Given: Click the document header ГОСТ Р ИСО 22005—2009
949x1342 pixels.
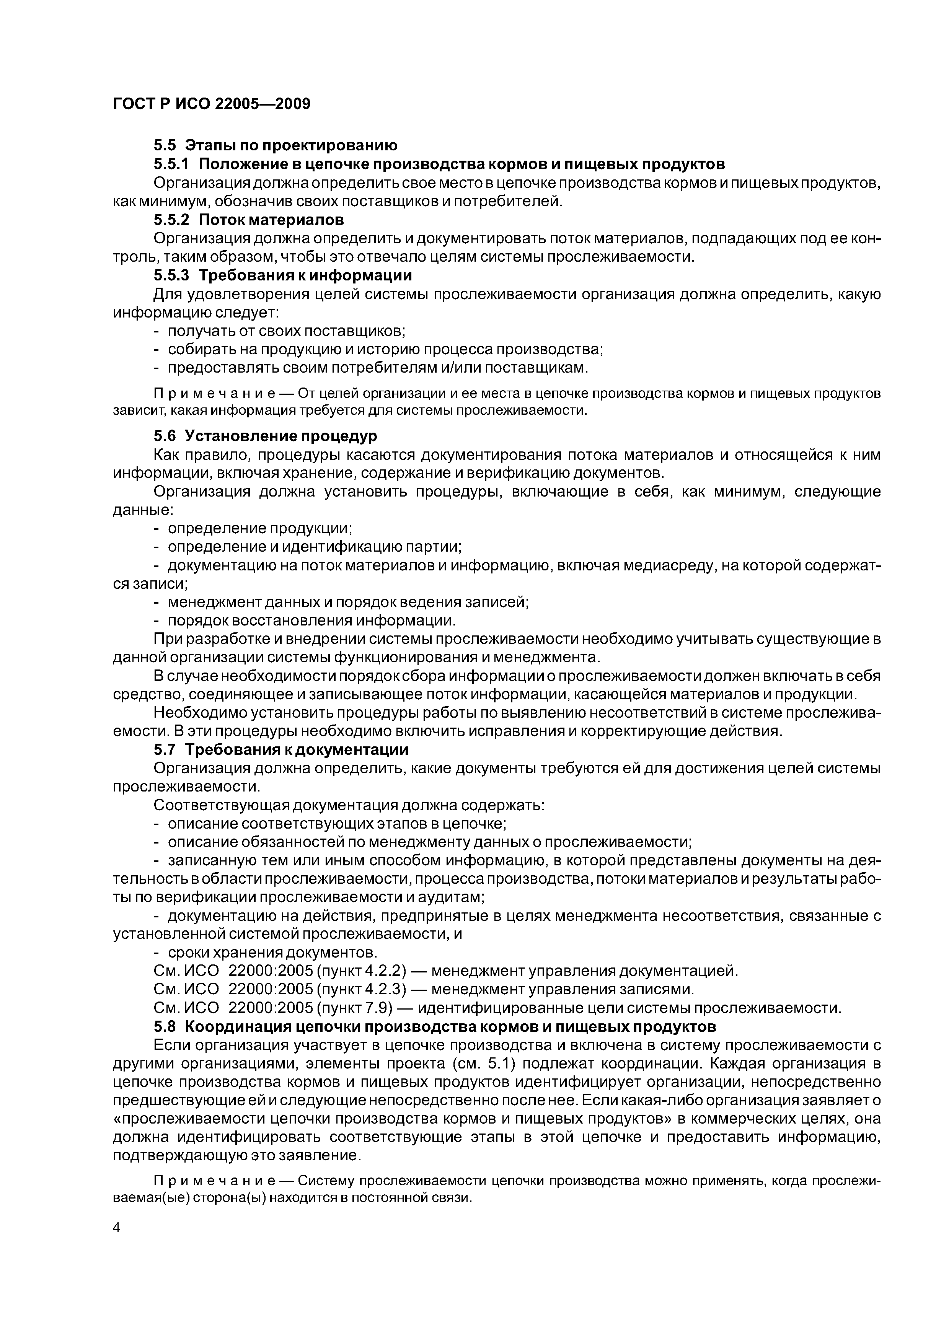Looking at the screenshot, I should (211, 104).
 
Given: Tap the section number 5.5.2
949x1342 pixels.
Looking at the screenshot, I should (172, 220).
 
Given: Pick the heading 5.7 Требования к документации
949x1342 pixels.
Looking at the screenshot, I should (280, 749).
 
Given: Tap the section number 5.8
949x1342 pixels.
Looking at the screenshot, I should (164, 1026).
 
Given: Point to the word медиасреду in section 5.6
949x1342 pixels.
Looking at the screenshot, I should (662, 565).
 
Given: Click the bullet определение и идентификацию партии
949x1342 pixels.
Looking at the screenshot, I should (315, 547).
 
